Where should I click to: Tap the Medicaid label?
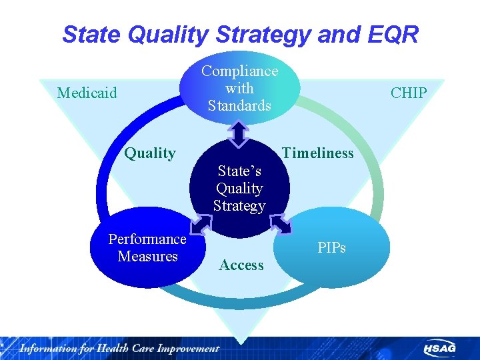(x=87, y=93)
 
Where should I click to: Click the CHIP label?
(x=408, y=93)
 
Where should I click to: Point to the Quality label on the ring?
(x=150, y=153)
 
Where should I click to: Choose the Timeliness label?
(x=318, y=153)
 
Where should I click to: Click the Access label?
(x=241, y=265)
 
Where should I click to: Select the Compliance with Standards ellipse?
(x=239, y=87)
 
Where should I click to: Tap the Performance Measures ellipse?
(x=147, y=247)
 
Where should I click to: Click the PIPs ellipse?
(x=331, y=247)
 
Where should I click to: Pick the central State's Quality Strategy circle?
(x=239, y=188)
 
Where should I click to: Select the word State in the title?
(x=89, y=34)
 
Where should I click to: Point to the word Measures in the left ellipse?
(x=147, y=256)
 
